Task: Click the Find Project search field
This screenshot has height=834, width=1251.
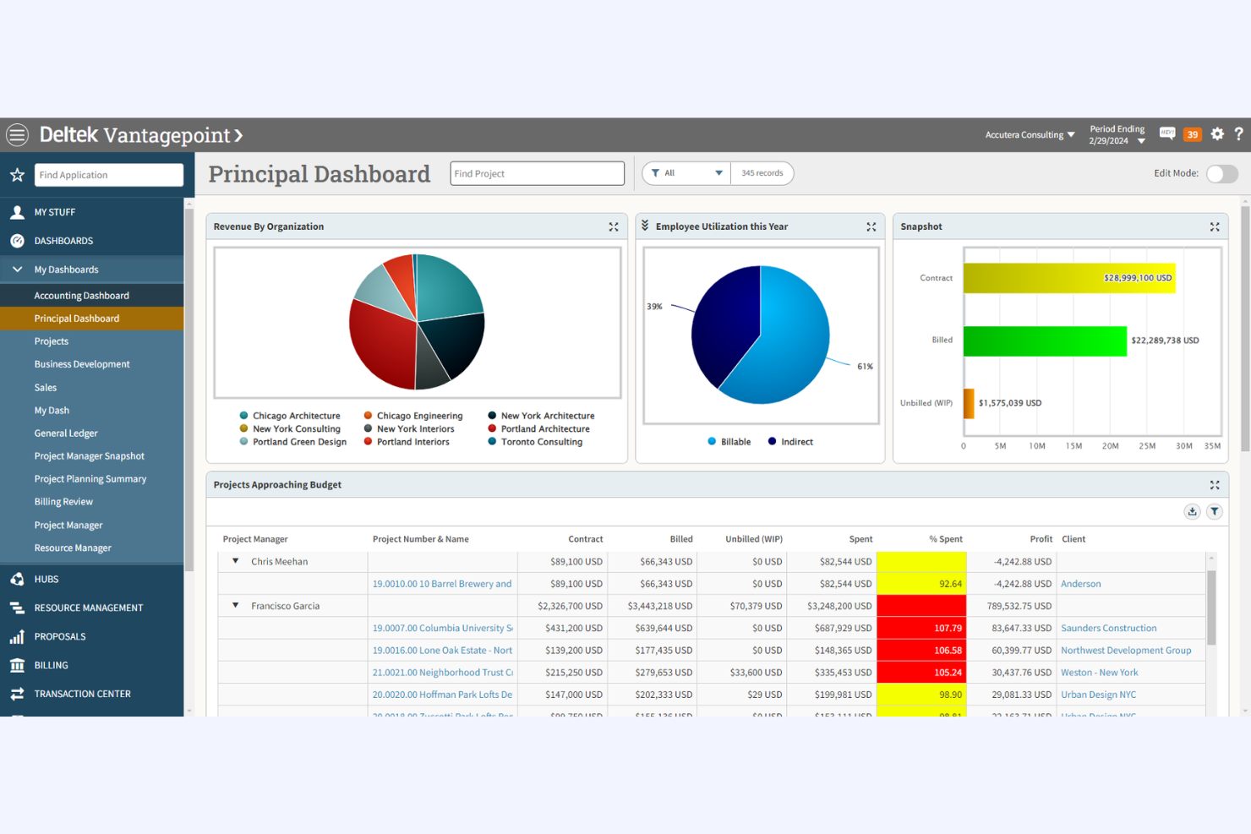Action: [537, 173]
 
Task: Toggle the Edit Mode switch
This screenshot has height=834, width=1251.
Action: [1221, 173]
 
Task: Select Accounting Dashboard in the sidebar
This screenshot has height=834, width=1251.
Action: [81, 296]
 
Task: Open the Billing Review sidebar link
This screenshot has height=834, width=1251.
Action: [63, 502]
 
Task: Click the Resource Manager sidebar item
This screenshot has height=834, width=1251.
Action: [73, 548]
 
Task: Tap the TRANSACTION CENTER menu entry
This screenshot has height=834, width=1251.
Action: [82, 694]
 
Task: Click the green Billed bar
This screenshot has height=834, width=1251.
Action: [1045, 341]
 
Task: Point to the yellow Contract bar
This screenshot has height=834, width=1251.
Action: [1068, 278]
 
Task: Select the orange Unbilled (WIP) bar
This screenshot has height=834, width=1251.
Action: [969, 403]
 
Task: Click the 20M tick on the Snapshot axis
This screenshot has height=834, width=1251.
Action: [1110, 446]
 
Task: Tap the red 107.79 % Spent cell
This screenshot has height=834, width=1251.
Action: [921, 628]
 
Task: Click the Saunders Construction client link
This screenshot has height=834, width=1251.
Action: [1108, 628]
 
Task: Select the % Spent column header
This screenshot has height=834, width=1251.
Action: [945, 539]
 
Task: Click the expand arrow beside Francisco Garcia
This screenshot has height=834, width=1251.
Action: [235, 606]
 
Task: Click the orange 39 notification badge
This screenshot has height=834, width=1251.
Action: [1192, 134]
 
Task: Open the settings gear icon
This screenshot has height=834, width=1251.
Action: [1217, 134]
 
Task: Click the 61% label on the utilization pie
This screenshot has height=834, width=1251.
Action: [865, 367]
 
